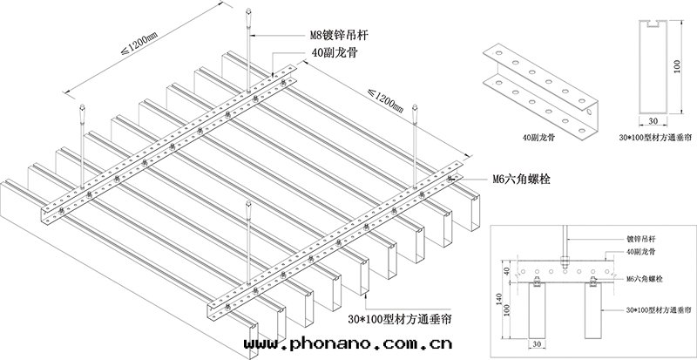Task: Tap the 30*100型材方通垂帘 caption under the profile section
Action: pos(655,138)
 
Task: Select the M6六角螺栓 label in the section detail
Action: pos(642,281)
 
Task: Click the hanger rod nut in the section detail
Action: pos(565,259)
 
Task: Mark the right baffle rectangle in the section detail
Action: pos(595,314)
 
